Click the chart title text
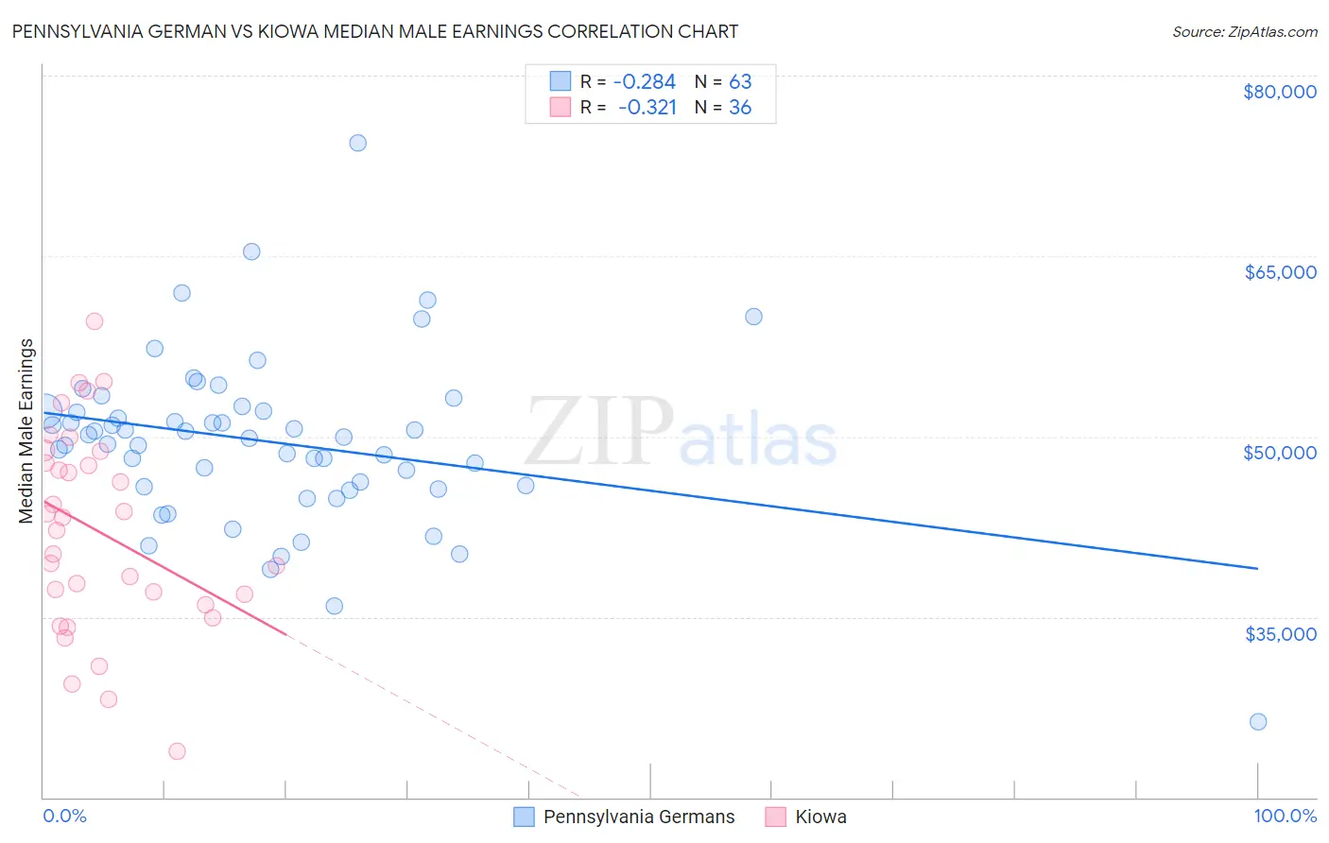point(374,31)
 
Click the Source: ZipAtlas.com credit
point(1244,32)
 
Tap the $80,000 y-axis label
point(1279,92)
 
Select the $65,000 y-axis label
point(1279,272)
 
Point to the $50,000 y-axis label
point(1279,453)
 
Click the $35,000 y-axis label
point(1279,634)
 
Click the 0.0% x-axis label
point(64,816)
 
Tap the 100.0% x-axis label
point(1285,816)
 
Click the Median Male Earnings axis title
point(26,430)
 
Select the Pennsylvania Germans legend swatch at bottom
point(525,817)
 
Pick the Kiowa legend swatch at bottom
point(776,817)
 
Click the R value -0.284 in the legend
point(645,82)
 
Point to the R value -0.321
point(647,108)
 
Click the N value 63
point(740,82)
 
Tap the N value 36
point(740,108)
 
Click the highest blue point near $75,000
point(357,143)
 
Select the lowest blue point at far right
point(1257,722)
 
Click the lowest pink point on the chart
point(177,751)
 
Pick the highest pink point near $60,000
point(95,321)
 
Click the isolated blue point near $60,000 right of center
point(753,317)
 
